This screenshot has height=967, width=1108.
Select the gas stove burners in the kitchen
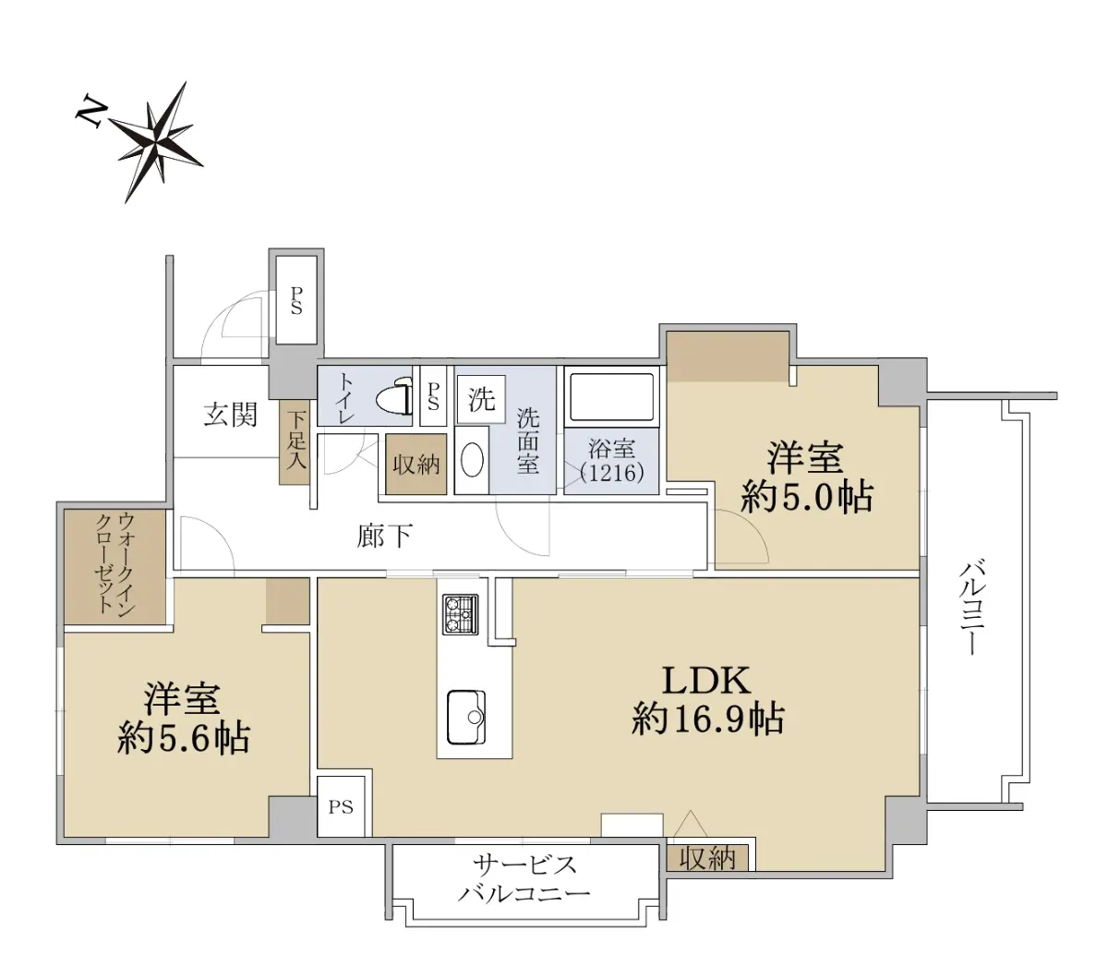coord(461,614)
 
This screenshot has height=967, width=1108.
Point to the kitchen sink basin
coord(465,718)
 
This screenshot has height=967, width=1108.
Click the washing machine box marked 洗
coord(481,399)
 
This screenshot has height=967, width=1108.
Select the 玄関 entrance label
coord(231,416)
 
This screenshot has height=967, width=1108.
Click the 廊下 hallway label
coord(384,537)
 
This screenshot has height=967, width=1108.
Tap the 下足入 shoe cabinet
coord(295,441)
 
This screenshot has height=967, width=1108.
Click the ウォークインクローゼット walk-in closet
coord(114,566)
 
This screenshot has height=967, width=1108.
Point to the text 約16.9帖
coord(708,719)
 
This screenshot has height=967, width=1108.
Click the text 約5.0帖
coord(806,497)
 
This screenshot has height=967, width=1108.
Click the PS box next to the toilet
coord(433,396)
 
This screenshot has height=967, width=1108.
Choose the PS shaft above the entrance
coord(296,300)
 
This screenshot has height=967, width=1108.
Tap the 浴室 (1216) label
coord(612,461)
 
